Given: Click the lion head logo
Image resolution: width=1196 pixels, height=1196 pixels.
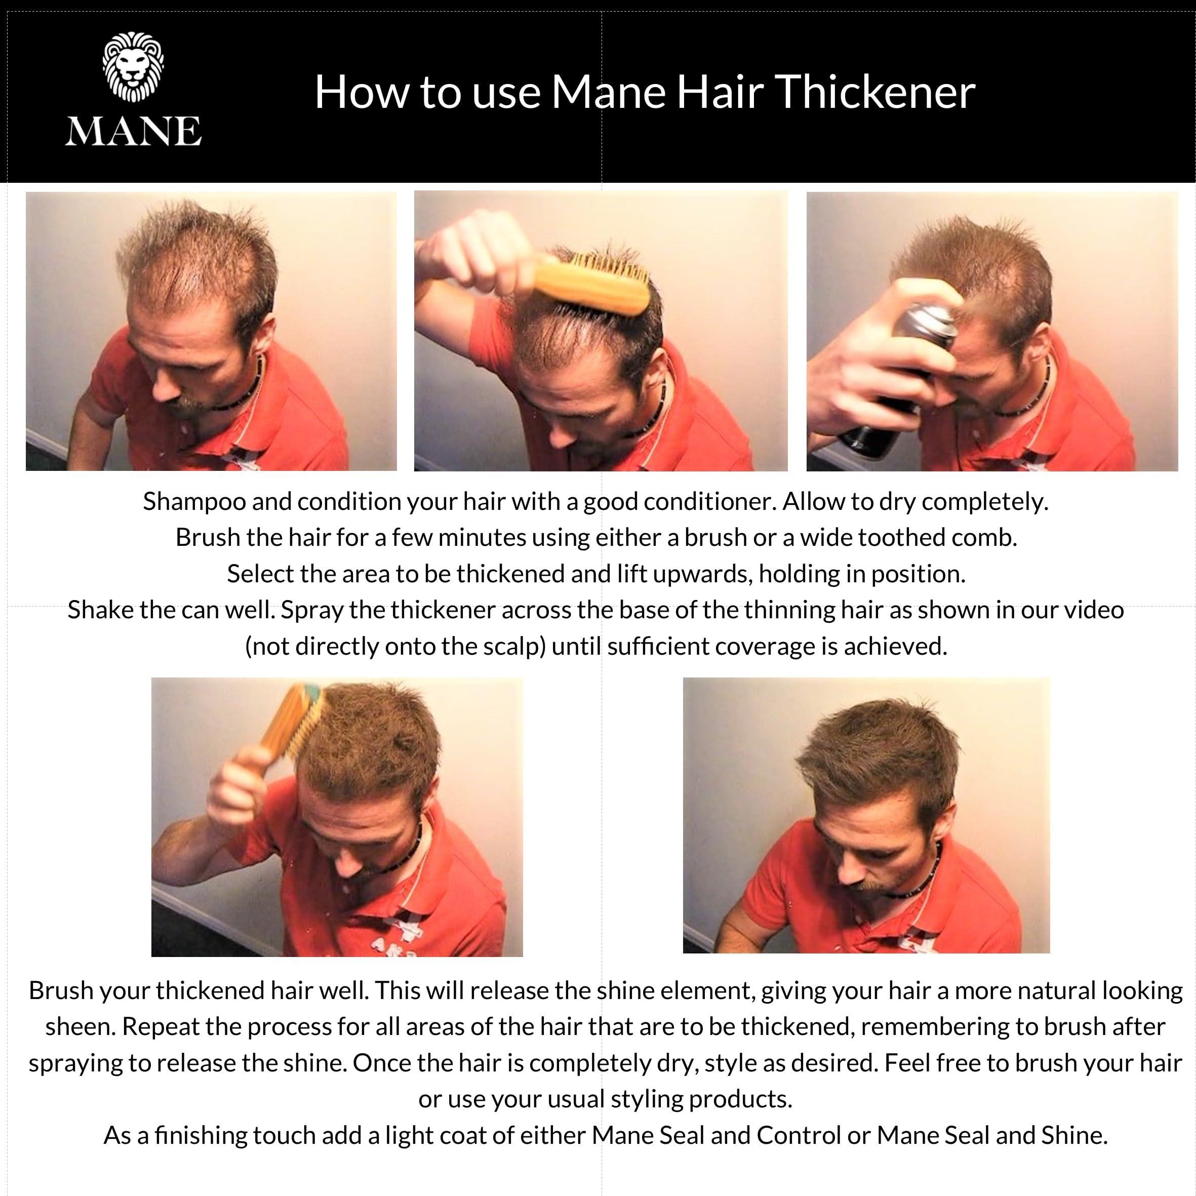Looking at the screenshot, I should point(133,68).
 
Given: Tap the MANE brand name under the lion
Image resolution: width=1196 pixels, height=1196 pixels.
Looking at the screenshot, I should point(133,131).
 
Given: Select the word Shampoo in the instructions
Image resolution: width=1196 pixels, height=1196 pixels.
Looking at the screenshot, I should point(194,501).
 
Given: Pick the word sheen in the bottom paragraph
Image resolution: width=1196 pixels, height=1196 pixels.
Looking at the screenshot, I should point(81,1026).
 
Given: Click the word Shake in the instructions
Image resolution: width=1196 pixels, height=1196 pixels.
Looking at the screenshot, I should point(100,610).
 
